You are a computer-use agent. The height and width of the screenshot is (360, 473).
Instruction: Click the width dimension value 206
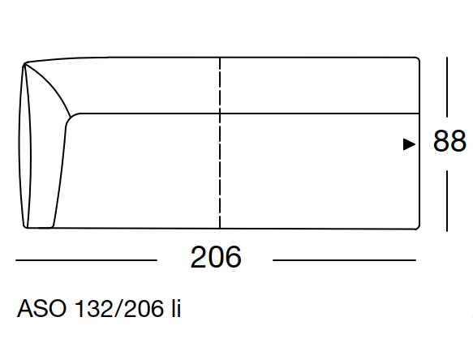216,259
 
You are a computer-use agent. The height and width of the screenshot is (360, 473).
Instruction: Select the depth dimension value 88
449,143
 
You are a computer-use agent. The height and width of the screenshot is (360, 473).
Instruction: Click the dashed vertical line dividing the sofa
219,146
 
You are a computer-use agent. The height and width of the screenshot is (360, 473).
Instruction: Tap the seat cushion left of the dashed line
142,170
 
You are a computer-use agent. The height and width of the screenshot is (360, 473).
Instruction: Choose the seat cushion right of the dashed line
316,170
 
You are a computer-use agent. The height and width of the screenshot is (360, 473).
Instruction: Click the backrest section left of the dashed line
146,85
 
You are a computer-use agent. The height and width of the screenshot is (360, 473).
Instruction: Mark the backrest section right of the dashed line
316,85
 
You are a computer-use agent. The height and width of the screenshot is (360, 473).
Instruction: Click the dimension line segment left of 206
85,260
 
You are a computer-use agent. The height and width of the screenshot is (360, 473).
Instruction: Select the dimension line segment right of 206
344,260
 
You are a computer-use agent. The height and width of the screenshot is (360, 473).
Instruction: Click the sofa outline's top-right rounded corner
415,62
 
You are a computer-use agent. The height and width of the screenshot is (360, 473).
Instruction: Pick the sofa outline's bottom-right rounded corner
415,226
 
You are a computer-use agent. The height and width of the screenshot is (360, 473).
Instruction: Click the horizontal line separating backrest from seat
243,113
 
